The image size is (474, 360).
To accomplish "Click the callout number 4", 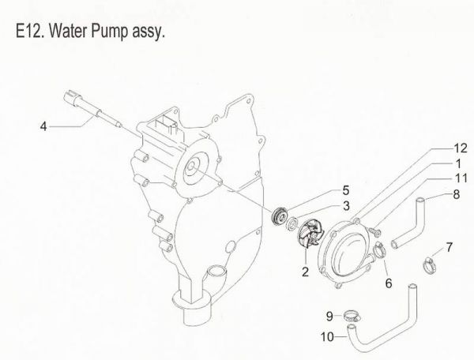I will (x=44, y=125).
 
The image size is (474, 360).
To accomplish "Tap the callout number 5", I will (x=346, y=190).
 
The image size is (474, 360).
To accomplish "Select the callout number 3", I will (x=346, y=205).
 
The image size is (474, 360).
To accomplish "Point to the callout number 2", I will (x=303, y=273).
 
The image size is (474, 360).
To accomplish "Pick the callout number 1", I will (x=457, y=163).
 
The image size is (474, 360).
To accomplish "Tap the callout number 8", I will (x=457, y=193).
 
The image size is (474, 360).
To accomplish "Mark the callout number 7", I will (x=449, y=248).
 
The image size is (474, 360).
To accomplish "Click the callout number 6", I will (x=388, y=282).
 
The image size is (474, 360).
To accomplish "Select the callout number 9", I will (x=329, y=317).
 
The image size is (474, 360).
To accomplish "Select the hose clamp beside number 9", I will (x=348, y=318).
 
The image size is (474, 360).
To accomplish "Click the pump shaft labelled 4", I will (x=94, y=110).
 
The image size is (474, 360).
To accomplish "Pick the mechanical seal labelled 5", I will (x=277, y=217).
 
